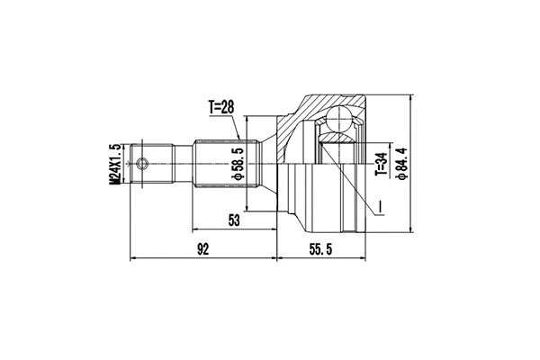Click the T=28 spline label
pos(220,107)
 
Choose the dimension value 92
pos(202,249)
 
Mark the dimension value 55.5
pos(320,249)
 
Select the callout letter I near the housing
pos(381,210)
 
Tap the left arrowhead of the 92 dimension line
pos(134,258)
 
